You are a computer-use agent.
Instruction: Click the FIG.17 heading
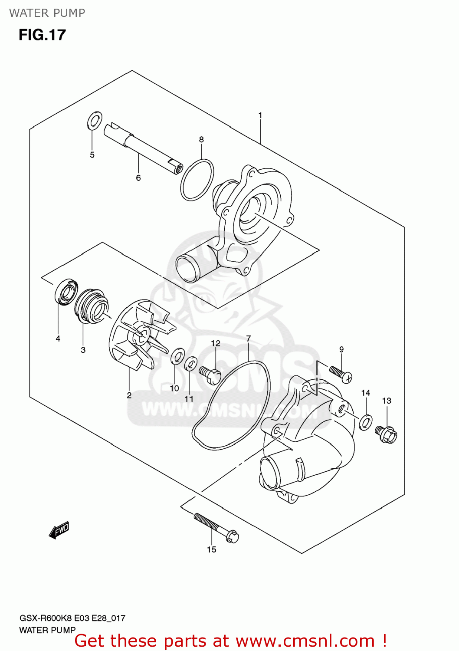tap(42, 35)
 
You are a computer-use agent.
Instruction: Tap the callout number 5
tap(92, 155)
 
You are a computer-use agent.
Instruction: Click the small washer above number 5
tap(95, 120)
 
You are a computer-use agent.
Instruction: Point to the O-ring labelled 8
tap(197, 180)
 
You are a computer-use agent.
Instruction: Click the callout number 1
tap(260, 115)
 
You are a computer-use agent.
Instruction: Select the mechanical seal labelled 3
tap(90, 306)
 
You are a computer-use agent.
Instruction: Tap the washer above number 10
tap(177, 356)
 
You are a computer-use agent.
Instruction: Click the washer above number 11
tap(190, 364)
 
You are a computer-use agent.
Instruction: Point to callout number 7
tap(248, 339)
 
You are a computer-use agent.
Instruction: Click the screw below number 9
tap(341, 375)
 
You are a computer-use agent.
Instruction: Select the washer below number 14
tap(366, 421)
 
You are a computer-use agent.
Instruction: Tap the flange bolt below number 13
tap(386, 434)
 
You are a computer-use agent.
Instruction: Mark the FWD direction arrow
tap(59, 530)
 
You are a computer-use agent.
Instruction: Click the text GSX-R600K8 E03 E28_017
tap(72, 618)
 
